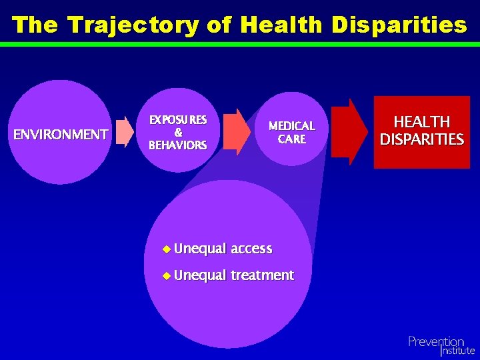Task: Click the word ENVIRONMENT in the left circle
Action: (61, 135)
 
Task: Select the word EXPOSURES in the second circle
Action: (178, 120)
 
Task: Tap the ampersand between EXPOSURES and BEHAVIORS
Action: (178, 132)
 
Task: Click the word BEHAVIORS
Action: (178, 145)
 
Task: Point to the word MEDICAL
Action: (291, 126)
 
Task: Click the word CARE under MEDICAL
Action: (291, 139)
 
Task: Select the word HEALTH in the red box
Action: (421, 122)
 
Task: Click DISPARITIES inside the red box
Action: (421, 139)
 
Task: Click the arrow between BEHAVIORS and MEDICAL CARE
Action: (237, 131)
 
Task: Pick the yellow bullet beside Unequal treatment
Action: (166, 275)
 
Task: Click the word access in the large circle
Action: (251, 249)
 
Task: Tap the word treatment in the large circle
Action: (262, 275)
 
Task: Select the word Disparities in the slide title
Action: (400, 25)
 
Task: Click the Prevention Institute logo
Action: (441, 346)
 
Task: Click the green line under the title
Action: (240, 44)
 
